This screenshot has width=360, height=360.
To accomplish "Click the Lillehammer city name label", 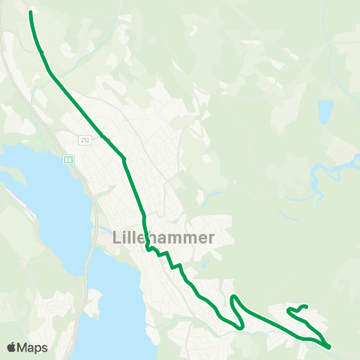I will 163,237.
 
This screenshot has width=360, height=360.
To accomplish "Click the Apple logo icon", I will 13,347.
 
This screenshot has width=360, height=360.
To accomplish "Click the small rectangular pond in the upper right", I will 325,112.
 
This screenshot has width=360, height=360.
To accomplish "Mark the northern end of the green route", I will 31,12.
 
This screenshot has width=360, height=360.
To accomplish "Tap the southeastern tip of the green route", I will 328,346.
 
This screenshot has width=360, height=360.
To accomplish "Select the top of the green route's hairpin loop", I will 233,298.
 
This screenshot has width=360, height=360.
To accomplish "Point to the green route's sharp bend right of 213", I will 124,158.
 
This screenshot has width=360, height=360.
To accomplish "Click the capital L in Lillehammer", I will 116,237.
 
